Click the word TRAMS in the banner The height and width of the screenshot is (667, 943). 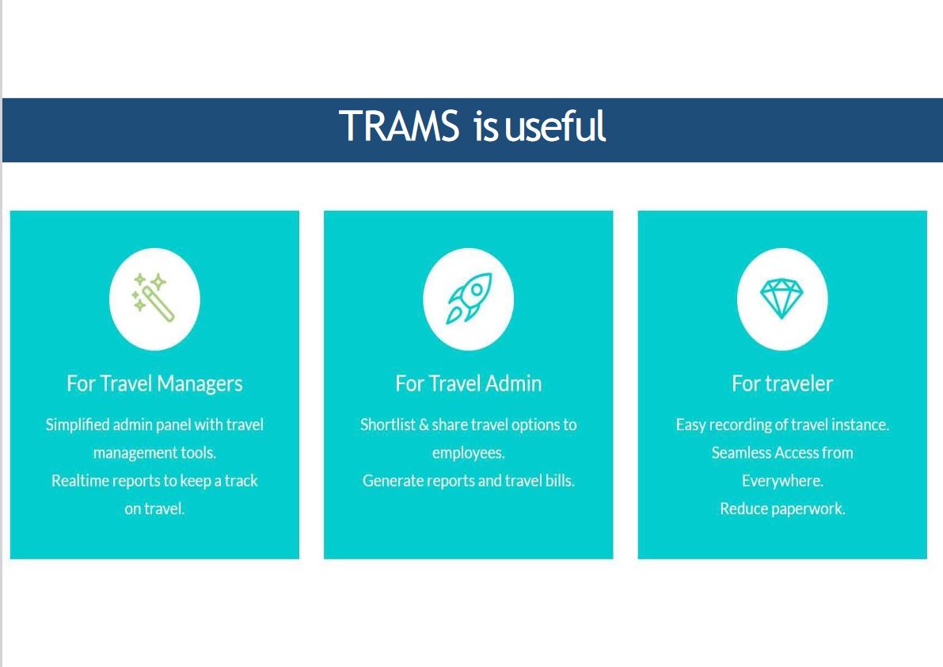coord(399,126)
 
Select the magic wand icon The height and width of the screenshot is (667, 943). coord(154,298)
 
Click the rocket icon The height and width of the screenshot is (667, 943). coord(469,299)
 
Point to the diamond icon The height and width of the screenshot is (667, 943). coord(781,299)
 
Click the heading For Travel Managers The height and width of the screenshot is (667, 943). coord(154,383)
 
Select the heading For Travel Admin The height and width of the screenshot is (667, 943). coord(469,383)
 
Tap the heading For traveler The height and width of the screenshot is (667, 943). coord(782,383)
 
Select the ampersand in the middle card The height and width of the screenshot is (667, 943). coord(424,425)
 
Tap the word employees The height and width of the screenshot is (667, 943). coord(469,453)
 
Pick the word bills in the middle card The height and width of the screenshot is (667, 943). coord(560,481)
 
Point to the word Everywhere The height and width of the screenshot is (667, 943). coord(782,481)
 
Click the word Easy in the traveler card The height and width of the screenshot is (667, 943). coord(690,425)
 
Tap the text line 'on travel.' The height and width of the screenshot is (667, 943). coord(154,509)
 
